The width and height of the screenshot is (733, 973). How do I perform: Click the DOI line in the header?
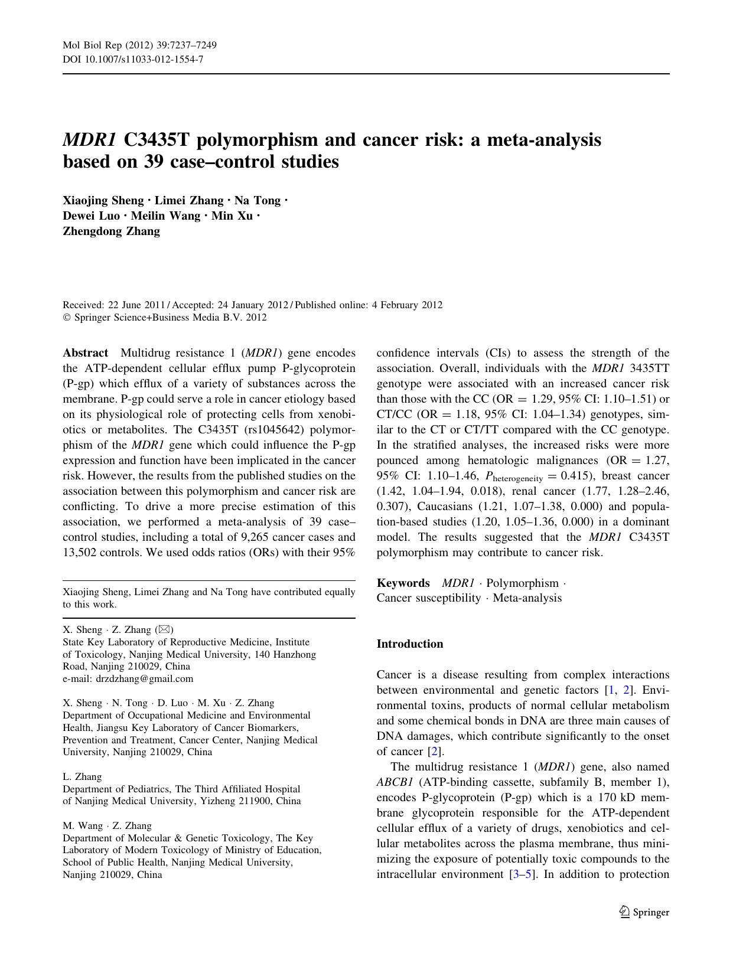tap(133, 59)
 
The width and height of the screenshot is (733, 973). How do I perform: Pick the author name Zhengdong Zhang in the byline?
tap(111, 231)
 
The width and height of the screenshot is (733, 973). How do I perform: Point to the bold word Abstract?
tap(85, 353)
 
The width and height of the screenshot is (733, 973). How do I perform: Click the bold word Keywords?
tap(403, 583)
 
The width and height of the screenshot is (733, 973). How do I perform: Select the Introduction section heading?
tap(409, 644)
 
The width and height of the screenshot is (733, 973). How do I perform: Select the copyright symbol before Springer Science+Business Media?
tap(66, 318)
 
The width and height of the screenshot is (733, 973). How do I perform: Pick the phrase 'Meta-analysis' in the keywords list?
tap(527, 598)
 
